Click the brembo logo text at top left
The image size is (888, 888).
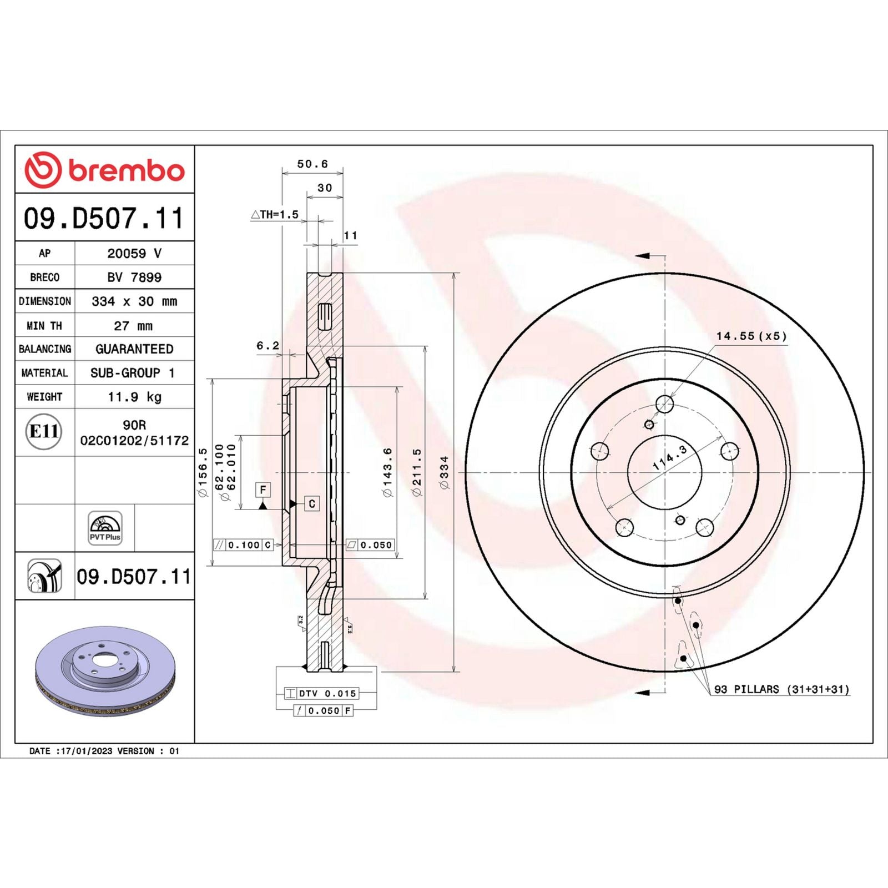click(x=126, y=170)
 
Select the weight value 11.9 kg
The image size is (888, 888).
click(x=134, y=397)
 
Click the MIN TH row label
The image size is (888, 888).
click(x=44, y=326)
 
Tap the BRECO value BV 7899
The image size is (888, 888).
click(x=134, y=277)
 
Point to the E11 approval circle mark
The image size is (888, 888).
click(x=43, y=431)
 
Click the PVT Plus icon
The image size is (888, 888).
click(x=105, y=528)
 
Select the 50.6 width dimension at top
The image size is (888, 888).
click(x=312, y=164)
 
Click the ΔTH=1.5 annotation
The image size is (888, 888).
click(x=275, y=214)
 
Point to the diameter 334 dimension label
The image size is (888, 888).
click(x=445, y=473)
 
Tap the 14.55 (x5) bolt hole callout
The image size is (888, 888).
click(x=751, y=336)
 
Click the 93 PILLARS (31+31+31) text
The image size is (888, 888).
click(x=781, y=689)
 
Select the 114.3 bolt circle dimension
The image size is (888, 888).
click(x=670, y=458)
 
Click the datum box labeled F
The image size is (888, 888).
click(x=263, y=490)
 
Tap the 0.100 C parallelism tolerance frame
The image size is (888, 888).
click(x=244, y=545)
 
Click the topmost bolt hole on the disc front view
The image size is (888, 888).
click(x=664, y=403)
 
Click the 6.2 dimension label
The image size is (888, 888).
click(x=268, y=346)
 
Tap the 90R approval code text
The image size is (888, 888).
click(x=134, y=425)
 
